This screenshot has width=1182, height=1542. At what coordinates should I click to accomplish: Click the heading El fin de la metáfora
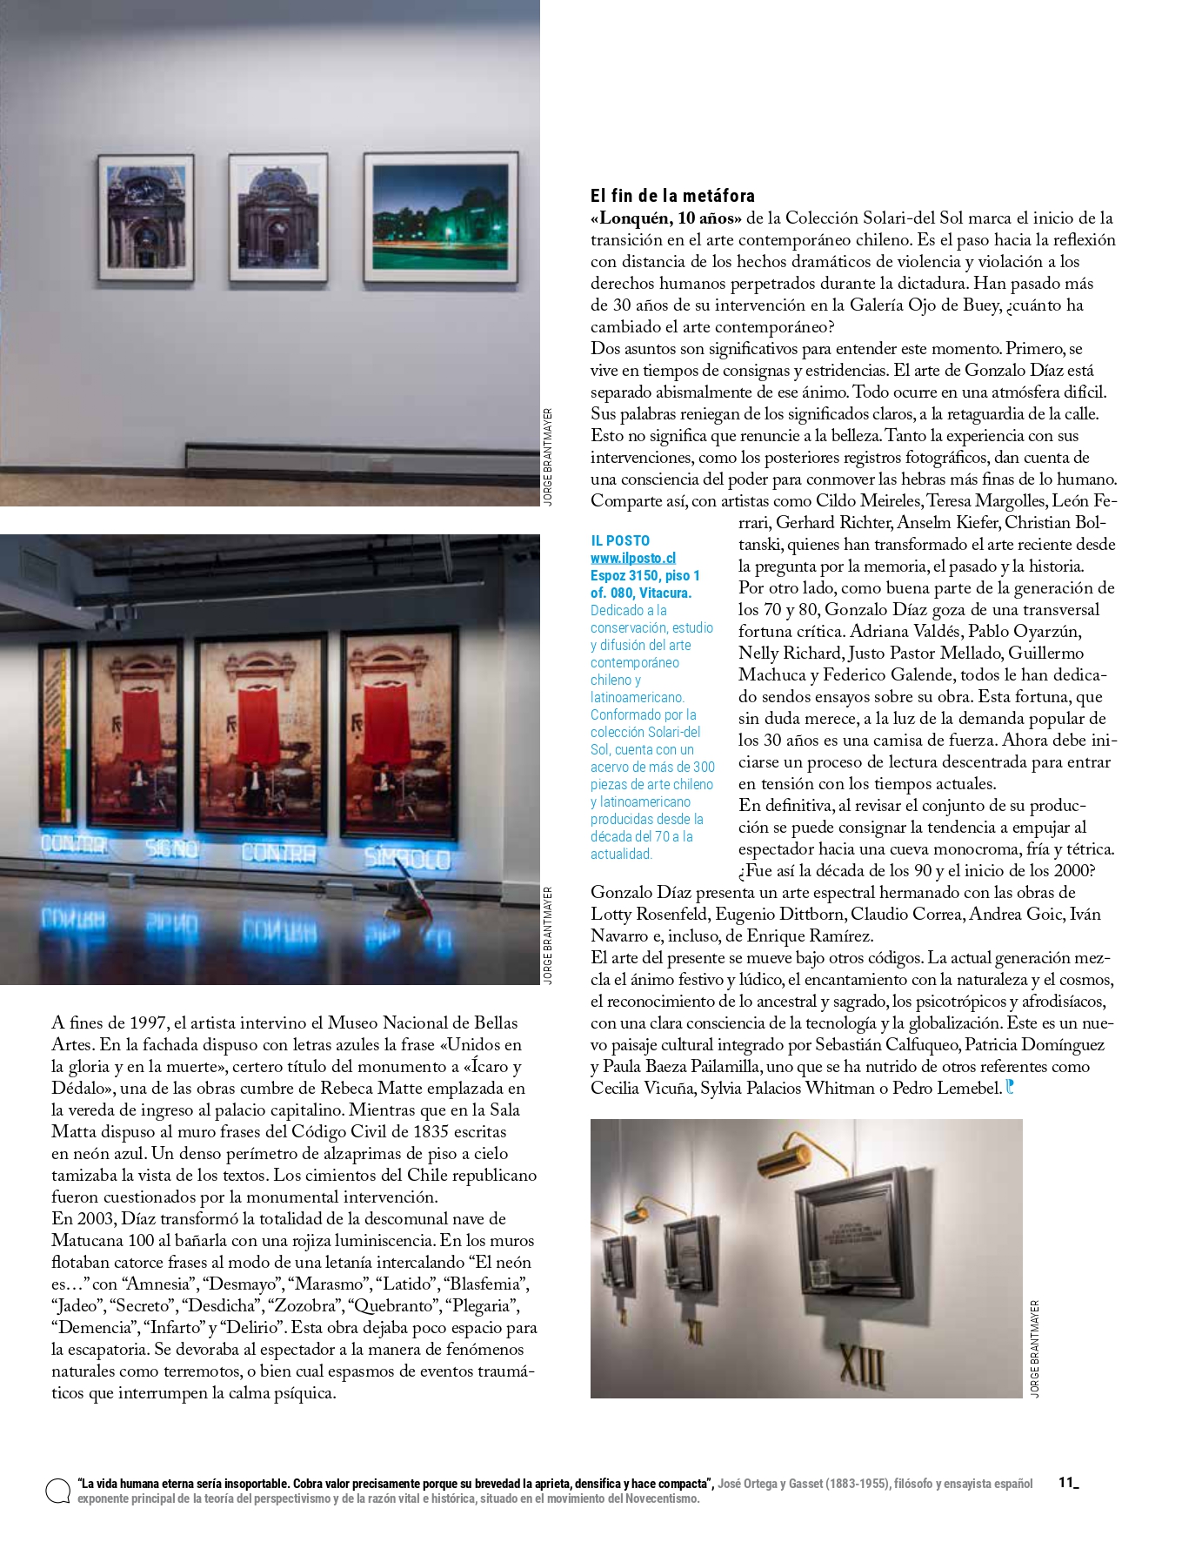tap(672, 196)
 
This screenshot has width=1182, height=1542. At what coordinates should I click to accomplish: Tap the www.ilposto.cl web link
tap(632, 558)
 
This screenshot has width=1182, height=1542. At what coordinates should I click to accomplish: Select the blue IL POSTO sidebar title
tap(620, 540)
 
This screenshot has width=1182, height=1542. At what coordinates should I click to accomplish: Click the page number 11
tap(1066, 1483)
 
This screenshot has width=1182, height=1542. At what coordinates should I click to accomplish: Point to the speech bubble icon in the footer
tap(58, 1491)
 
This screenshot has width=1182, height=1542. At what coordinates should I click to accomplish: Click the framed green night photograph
tap(440, 218)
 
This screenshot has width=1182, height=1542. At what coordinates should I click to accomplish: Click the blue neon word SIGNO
tap(171, 848)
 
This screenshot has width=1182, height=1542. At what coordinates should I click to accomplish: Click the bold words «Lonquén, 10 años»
tap(666, 218)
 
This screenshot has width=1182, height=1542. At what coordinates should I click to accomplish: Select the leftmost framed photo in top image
tap(145, 218)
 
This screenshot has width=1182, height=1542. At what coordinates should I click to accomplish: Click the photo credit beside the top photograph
tap(547, 457)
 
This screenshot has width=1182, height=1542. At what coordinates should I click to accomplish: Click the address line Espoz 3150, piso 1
tap(644, 575)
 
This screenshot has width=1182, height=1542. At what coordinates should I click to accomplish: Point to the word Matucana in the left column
tap(89, 1241)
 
